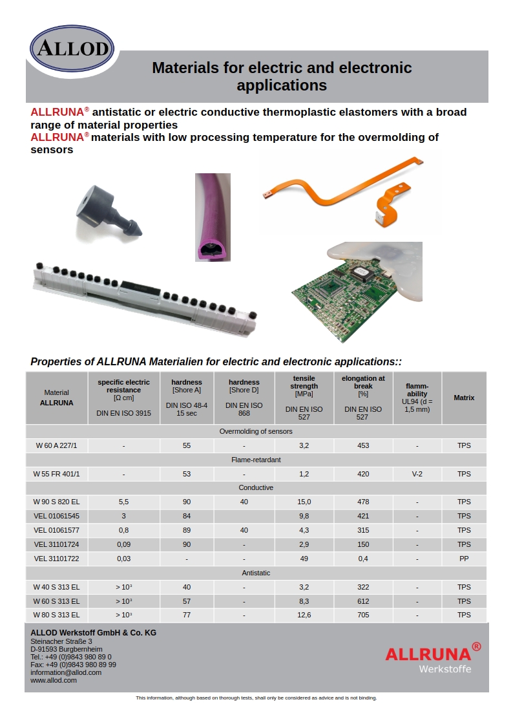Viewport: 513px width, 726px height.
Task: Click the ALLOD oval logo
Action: pos(72,48)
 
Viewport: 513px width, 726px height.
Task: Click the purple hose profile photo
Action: pos(213,217)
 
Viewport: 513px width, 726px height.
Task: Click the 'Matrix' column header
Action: pos(464,398)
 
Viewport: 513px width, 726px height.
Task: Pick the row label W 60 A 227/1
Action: pos(56,445)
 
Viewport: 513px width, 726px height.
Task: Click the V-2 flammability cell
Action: pos(417,474)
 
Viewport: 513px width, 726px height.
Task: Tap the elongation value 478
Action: pos(363,502)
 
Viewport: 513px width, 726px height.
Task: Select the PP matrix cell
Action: pos(464,559)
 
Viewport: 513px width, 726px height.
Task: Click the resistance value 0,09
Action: pos(123,544)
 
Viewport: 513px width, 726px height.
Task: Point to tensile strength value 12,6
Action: pos(304,615)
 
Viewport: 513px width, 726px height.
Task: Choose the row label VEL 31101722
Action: pos(56,559)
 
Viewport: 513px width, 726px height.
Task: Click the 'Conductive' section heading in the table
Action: pos(256,487)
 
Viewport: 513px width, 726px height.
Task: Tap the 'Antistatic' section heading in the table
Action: pos(256,573)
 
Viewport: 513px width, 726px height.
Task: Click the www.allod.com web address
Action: pos(54,680)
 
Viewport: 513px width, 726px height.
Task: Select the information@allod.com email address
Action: pos(66,672)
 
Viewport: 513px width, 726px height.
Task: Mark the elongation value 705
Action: pos(363,615)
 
